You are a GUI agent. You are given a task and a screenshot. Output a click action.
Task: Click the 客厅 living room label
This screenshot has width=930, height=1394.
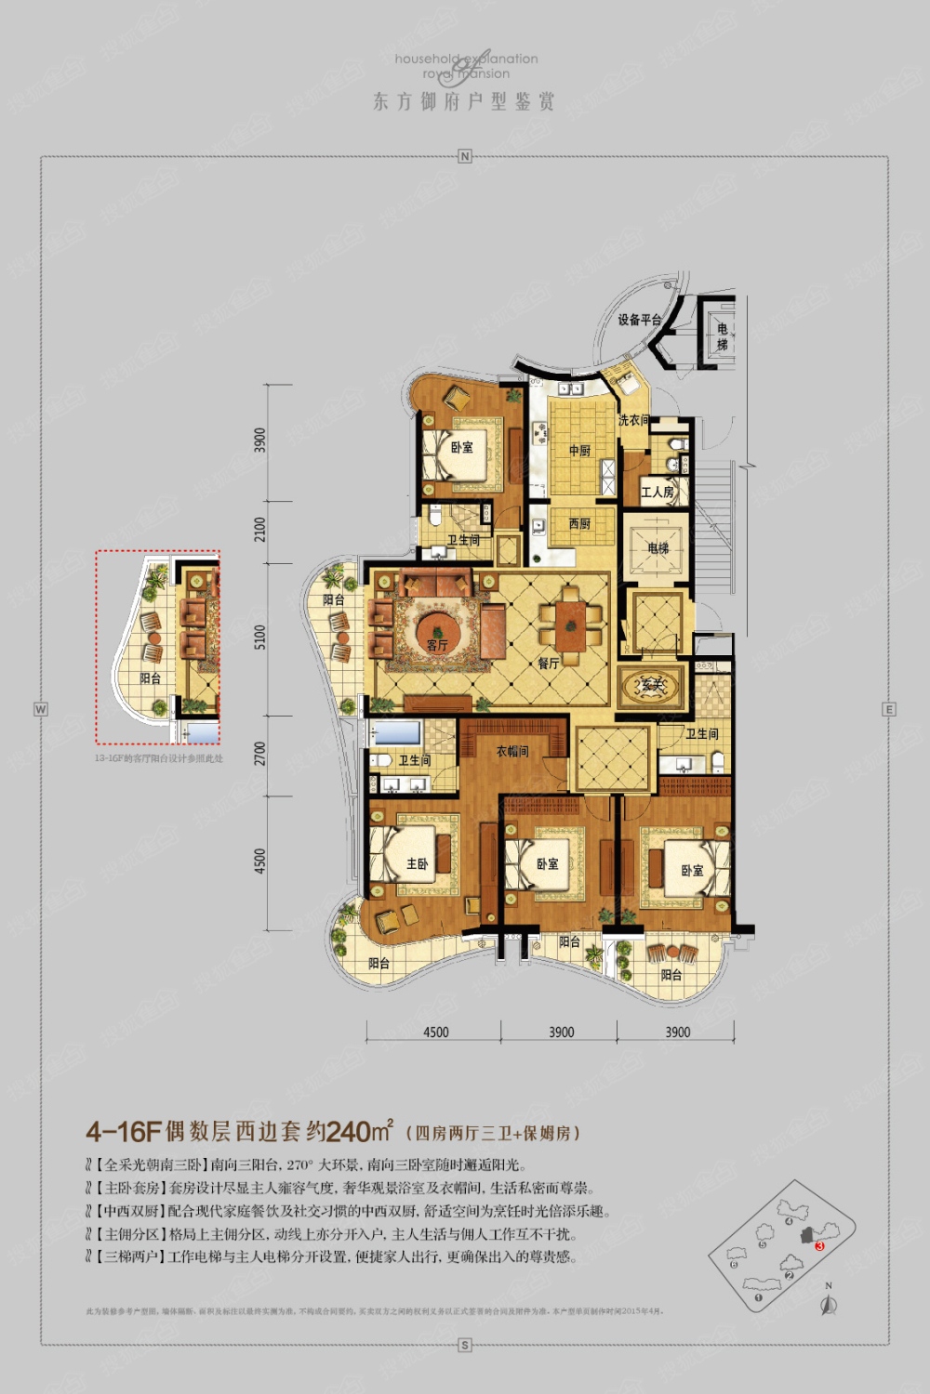[x=437, y=644]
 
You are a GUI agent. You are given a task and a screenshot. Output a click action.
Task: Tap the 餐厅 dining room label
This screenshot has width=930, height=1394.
[x=549, y=664]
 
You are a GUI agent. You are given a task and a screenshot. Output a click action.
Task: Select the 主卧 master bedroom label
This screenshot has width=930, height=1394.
[x=418, y=863]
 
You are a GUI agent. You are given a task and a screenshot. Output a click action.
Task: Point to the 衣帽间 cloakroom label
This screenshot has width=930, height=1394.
[x=511, y=751]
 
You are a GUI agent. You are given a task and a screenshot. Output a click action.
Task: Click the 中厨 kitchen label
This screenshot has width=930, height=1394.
[x=579, y=451]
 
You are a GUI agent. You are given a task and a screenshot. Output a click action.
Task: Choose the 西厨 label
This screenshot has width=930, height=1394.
[x=579, y=524]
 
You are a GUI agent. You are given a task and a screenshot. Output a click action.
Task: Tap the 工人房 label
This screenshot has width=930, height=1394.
[x=657, y=492]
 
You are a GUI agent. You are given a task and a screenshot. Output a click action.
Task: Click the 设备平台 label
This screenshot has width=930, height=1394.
[x=640, y=320]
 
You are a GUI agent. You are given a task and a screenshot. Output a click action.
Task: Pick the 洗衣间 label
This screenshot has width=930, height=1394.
[x=633, y=420]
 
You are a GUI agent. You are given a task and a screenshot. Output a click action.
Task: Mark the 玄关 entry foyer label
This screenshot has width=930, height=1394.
[x=653, y=685]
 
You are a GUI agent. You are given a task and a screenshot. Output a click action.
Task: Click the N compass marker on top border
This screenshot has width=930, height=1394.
[x=465, y=156]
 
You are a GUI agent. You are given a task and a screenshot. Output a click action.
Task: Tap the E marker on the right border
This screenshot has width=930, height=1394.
[x=889, y=709]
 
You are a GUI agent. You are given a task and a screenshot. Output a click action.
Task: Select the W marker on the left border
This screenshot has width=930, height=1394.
[x=40, y=709]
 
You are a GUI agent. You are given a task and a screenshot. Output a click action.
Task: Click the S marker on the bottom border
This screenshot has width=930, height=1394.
[x=465, y=1345]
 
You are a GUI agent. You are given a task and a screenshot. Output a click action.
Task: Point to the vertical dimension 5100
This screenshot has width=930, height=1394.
[x=260, y=638]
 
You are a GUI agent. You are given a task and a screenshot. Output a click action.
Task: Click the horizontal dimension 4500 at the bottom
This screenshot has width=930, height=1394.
[x=435, y=1032]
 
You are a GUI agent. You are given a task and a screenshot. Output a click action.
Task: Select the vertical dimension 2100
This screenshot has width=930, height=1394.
[x=260, y=530]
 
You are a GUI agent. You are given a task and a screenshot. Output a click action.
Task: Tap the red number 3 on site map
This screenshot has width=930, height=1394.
[x=819, y=1245]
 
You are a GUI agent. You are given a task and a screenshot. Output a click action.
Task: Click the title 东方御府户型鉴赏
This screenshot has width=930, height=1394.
[x=464, y=101]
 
